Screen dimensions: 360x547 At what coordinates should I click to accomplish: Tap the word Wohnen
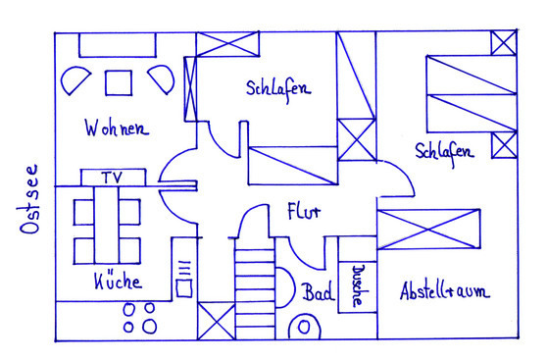click(116, 129)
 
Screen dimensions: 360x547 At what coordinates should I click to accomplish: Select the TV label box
click(112, 177)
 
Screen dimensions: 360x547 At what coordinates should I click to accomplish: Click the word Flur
click(303, 212)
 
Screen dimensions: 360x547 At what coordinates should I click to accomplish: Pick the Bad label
click(316, 292)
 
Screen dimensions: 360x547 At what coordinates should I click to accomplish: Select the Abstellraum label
click(444, 291)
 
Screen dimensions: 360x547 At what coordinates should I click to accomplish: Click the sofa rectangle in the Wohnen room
click(117, 44)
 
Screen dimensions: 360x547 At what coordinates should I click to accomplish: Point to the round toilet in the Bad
click(304, 327)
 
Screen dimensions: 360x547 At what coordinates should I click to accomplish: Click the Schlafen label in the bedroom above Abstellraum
click(444, 152)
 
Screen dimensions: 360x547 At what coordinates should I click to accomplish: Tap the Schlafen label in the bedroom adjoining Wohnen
click(277, 87)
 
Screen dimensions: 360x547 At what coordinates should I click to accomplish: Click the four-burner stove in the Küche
click(139, 316)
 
